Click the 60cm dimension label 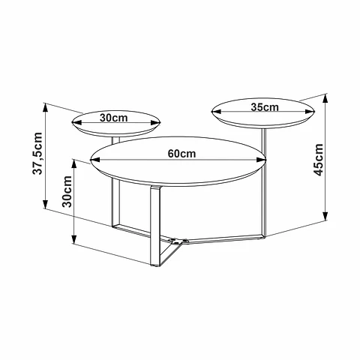[x=181, y=154]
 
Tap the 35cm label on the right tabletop [x=265, y=107]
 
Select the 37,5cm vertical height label [x=37, y=154]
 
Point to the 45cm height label [x=319, y=160]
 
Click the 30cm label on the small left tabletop [x=114, y=118]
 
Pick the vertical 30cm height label [x=67, y=192]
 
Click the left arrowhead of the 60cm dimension [x=95, y=160]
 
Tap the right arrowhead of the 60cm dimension [x=262, y=160]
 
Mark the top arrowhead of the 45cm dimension [x=325, y=98]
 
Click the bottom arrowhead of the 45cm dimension [x=325, y=216]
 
